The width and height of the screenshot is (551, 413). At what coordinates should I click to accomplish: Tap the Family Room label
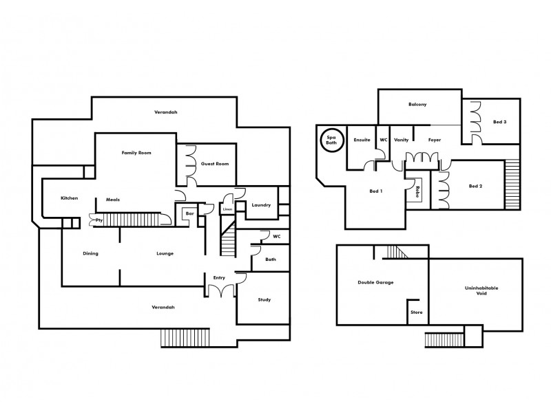pyautogui.click(x=136, y=152)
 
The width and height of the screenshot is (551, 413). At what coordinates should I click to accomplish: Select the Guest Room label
pyautogui.click(x=215, y=165)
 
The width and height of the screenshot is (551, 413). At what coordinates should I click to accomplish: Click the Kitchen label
pyautogui.click(x=70, y=198)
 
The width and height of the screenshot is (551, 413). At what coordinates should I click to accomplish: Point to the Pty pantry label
pyautogui.click(x=99, y=220)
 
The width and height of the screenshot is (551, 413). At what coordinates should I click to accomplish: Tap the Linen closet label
pyautogui.click(x=227, y=209)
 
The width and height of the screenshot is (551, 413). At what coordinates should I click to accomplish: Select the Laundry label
pyautogui.click(x=261, y=205)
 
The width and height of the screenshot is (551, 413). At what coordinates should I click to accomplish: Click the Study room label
pyautogui.click(x=264, y=299)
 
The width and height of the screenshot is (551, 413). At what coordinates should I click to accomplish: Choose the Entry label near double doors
pyautogui.click(x=219, y=277)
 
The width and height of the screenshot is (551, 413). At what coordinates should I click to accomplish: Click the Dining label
pyautogui.click(x=91, y=253)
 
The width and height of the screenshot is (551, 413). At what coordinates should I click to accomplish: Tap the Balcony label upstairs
pyautogui.click(x=418, y=105)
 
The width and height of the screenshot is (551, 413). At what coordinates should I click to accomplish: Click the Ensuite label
pyautogui.click(x=362, y=140)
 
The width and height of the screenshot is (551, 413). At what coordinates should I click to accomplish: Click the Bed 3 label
pyautogui.click(x=499, y=122)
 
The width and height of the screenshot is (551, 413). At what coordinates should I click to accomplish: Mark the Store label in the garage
pyautogui.click(x=416, y=312)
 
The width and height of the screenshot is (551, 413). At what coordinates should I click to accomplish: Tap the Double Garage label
pyautogui.click(x=375, y=282)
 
